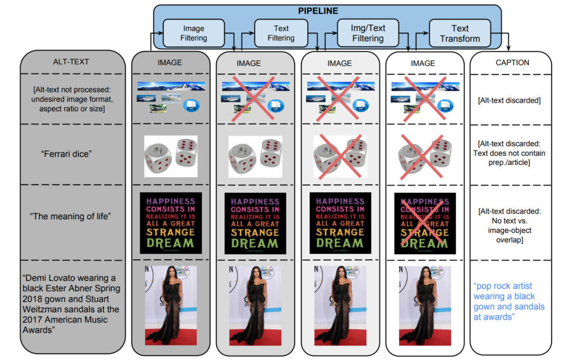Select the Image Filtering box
194,33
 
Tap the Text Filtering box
281,33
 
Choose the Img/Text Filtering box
368,33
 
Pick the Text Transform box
460,33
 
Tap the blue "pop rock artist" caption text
509,301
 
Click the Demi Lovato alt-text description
70,304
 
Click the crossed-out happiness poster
424,223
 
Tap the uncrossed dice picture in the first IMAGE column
170,156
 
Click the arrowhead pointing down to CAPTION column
509,49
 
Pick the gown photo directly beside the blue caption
424,306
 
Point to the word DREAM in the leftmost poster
170,243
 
